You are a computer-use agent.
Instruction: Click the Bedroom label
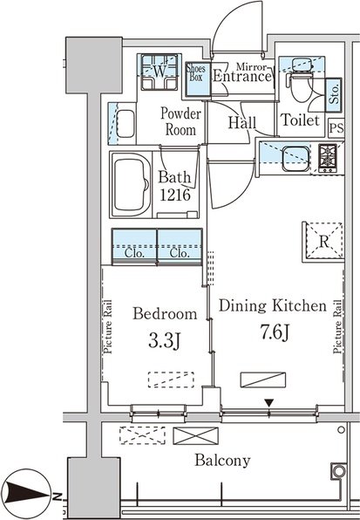pyautogui.click(x=165, y=313)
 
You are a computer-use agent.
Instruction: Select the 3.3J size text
pyautogui.click(x=164, y=340)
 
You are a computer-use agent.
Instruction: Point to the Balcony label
pyautogui.click(x=222, y=461)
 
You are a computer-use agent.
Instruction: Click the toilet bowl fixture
pyautogui.click(x=301, y=86)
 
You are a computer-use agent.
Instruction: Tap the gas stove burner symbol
pyautogui.click(x=328, y=158)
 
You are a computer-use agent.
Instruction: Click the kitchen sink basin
pyautogui.click(x=295, y=159)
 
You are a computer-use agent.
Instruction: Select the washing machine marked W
pyautogui.click(x=160, y=72)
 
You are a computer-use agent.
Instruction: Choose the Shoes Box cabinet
pyautogui.click(x=198, y=79)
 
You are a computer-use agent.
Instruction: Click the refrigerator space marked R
pyautogui.click(x=323, y=242)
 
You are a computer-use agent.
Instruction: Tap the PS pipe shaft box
pyautogui.click(x=336, y=127)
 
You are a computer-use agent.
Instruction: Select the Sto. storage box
pyautogui.click(x=334, y=95)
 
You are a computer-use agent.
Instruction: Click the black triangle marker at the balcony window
pyautogui.click(x=269, y=403)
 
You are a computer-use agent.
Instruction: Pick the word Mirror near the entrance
pyautogui.click(x=251, y=67)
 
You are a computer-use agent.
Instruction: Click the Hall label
pyautogui.click(x=242, y=122)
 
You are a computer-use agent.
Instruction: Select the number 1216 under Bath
pyautogui.click(x=175, y=195)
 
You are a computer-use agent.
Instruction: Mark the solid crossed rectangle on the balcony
pyautogui.click(x=196, y=435)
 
